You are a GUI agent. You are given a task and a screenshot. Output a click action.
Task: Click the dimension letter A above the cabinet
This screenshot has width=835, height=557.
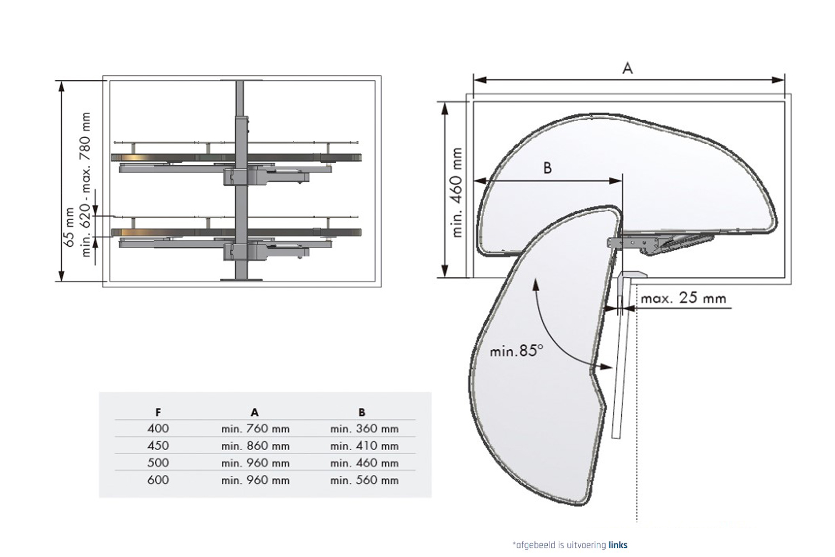click(627, 69)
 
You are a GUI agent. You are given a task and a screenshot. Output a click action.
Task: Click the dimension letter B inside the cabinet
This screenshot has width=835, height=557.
click(547, 168)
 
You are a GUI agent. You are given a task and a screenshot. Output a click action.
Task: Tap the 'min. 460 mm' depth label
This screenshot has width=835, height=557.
click(457, 192)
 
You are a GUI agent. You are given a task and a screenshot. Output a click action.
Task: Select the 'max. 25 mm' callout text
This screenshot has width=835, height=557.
click(683, 298)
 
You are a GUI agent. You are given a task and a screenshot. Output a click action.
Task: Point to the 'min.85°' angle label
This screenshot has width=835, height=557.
click(515, 351)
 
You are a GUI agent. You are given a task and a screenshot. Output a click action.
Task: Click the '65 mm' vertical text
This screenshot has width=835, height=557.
click(69, 227)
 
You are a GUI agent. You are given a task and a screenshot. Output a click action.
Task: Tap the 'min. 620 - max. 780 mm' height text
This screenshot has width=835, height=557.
click(85, 184)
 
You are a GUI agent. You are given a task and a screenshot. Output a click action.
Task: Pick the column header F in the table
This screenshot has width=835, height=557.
click(158, 413)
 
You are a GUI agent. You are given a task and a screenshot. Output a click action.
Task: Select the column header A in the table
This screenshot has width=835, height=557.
click(254, 413)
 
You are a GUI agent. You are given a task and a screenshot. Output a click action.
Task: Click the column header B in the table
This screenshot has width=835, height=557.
click(362, 413)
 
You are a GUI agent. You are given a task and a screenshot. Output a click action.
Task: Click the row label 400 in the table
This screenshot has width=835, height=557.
click(158, 429)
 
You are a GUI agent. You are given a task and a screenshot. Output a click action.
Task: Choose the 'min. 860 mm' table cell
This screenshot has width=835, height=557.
click(255, 446)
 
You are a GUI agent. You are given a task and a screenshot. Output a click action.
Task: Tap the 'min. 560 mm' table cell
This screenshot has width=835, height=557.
click(364, 480)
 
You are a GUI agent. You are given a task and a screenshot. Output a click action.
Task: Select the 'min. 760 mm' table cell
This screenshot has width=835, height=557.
click(255, 429)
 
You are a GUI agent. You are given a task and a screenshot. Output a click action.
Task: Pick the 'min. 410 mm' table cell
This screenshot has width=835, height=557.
click(364, 446)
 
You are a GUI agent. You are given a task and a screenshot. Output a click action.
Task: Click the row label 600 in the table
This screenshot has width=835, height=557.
click(158, 480)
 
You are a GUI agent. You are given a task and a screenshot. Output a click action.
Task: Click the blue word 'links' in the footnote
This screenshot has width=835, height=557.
click(618, 545)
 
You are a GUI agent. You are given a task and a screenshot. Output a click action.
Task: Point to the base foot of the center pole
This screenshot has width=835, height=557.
click(241, 278)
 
